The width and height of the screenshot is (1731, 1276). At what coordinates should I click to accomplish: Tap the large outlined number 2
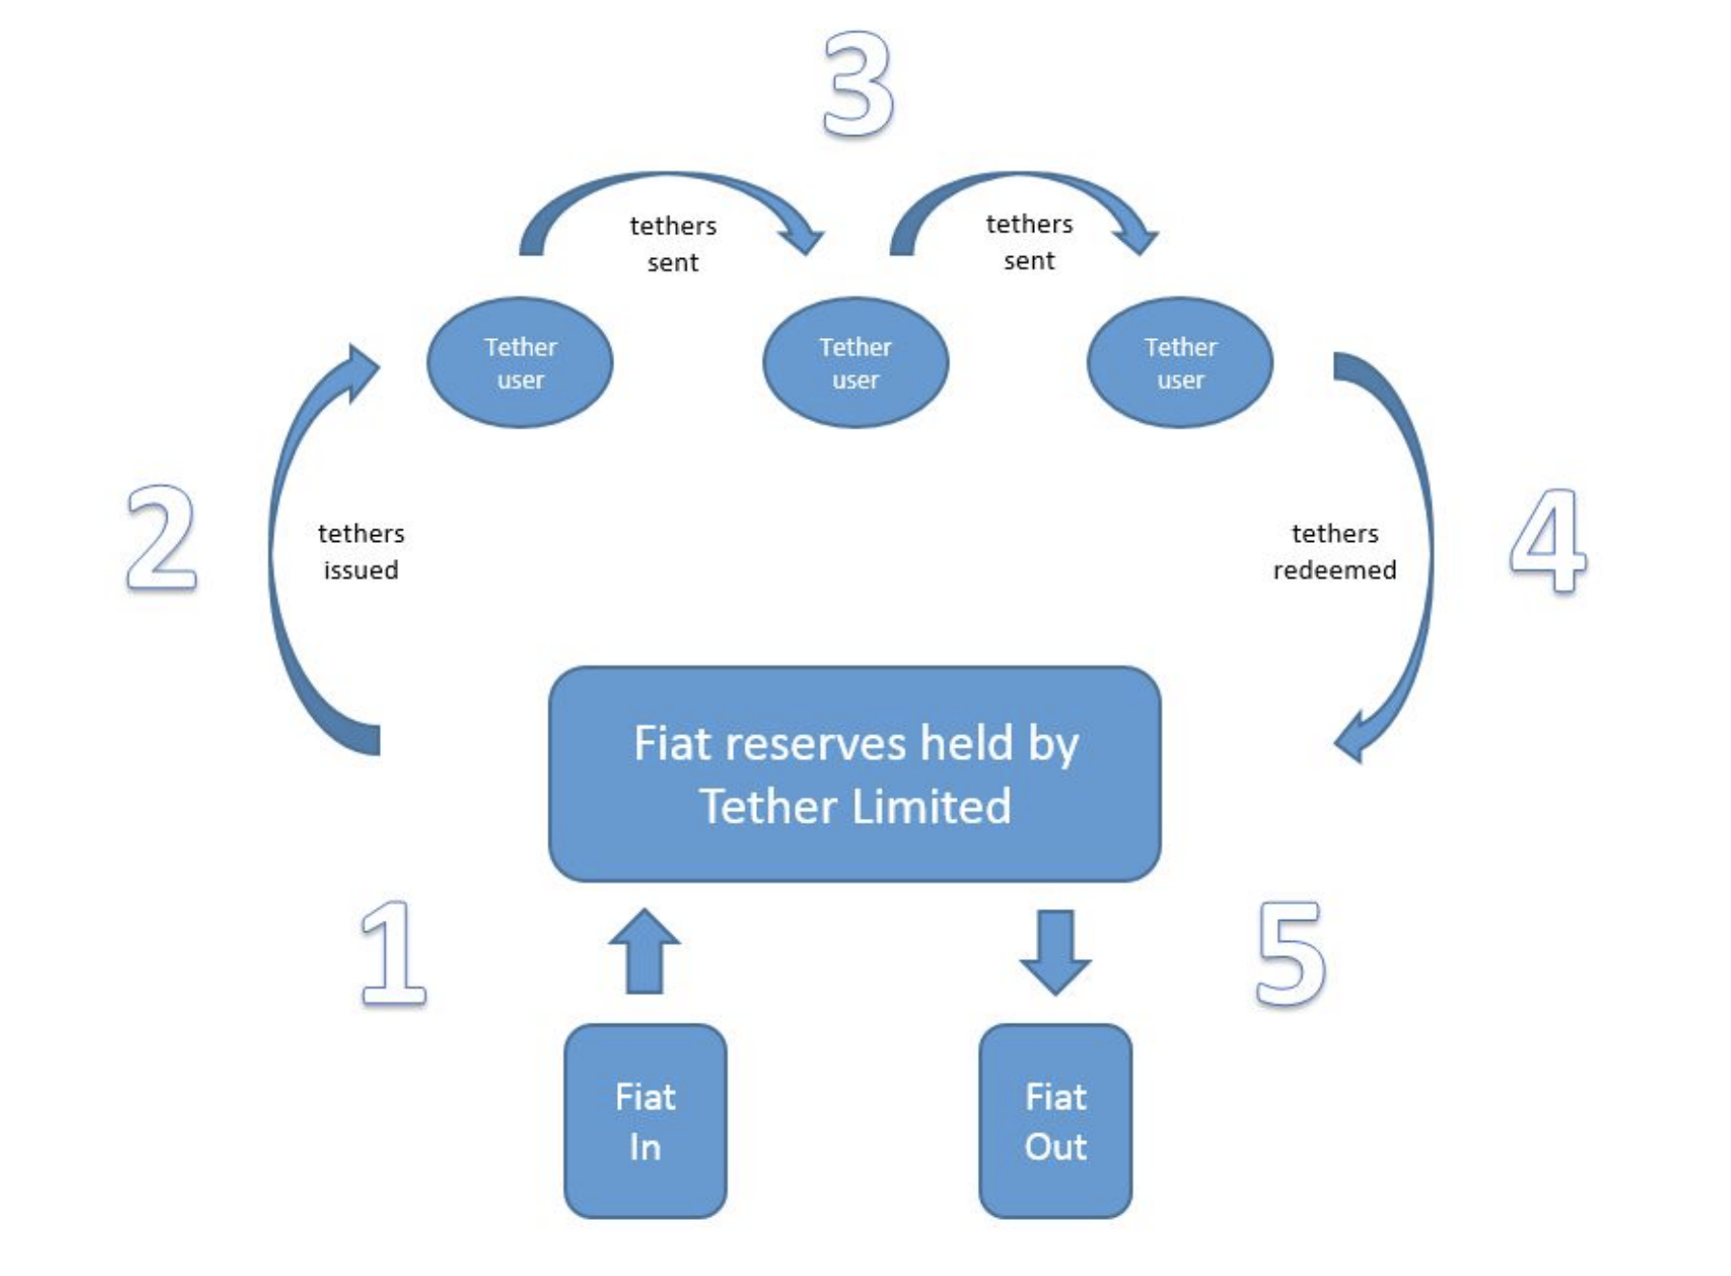pyautogui.click(x=162, y=538)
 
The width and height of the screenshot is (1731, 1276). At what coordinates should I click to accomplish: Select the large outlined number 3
pyautogui.click(x=858, y=84)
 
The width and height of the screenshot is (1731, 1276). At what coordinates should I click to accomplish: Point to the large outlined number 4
pyautogui.click(x=1549, y=540)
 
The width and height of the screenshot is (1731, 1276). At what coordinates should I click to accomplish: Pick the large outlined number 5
pyautogui.click(x=1291, y=952)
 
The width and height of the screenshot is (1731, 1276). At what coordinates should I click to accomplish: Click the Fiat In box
pyautogui.click(x=646, y=1121)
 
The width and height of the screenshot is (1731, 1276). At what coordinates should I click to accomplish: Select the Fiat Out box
pyautogui.click(x=1055, y=1121)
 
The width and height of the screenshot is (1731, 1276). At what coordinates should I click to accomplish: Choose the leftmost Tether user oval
pyautogui.click(x=520, y=363)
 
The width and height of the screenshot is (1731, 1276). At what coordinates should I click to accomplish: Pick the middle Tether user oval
pyautogui.click(x=855, y=363)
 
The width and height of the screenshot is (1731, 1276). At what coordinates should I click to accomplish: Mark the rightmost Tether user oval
pyautogui.click(x=1180, y=363)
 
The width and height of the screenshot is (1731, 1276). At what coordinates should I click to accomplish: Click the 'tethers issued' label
pyautogui.click(x=361, y=551)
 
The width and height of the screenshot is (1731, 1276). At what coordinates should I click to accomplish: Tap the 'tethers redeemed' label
pyautogui.click(x=1334, y=551)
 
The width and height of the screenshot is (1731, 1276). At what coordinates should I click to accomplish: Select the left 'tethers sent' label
pyautogui.click(x=673, y=244)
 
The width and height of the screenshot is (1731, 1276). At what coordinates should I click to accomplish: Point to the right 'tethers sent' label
pyautogui.click(x=1029, y=242)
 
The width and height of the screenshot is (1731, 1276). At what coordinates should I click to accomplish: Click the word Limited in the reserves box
pyautogui.click(x=930, y=807)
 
